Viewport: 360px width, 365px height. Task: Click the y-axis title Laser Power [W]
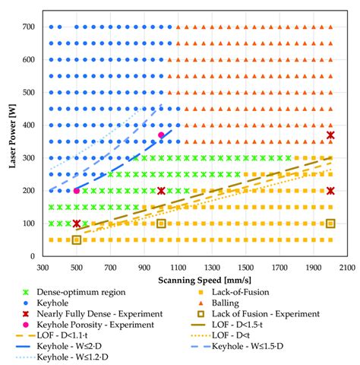coord(10,138)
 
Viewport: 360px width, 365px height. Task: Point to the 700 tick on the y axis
coord(29,27)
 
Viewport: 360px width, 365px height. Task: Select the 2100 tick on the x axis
coord(347,268)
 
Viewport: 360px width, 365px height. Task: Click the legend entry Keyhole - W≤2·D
coord(91,345)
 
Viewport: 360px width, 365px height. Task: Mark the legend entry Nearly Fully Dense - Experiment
coord(111,313)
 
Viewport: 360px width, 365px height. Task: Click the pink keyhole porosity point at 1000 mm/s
coord(161,135)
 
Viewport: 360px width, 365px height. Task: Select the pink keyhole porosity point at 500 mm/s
coord(77,191)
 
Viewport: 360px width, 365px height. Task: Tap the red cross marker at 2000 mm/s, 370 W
coord(330,135)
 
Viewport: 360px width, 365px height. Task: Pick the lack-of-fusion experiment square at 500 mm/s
coord(77,240)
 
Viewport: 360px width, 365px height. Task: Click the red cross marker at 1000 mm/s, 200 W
coord(161,191)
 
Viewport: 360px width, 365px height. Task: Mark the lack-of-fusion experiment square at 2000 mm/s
coord(330,224)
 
